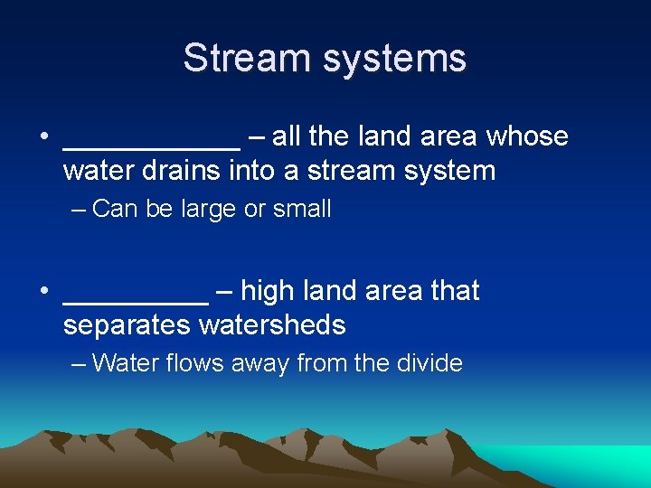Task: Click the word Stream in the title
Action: [238, 59]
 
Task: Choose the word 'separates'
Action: [127, 324]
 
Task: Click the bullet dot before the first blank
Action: [43, 138]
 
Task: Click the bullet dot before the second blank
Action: [43, 293]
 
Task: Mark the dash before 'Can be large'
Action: [78, 210]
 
